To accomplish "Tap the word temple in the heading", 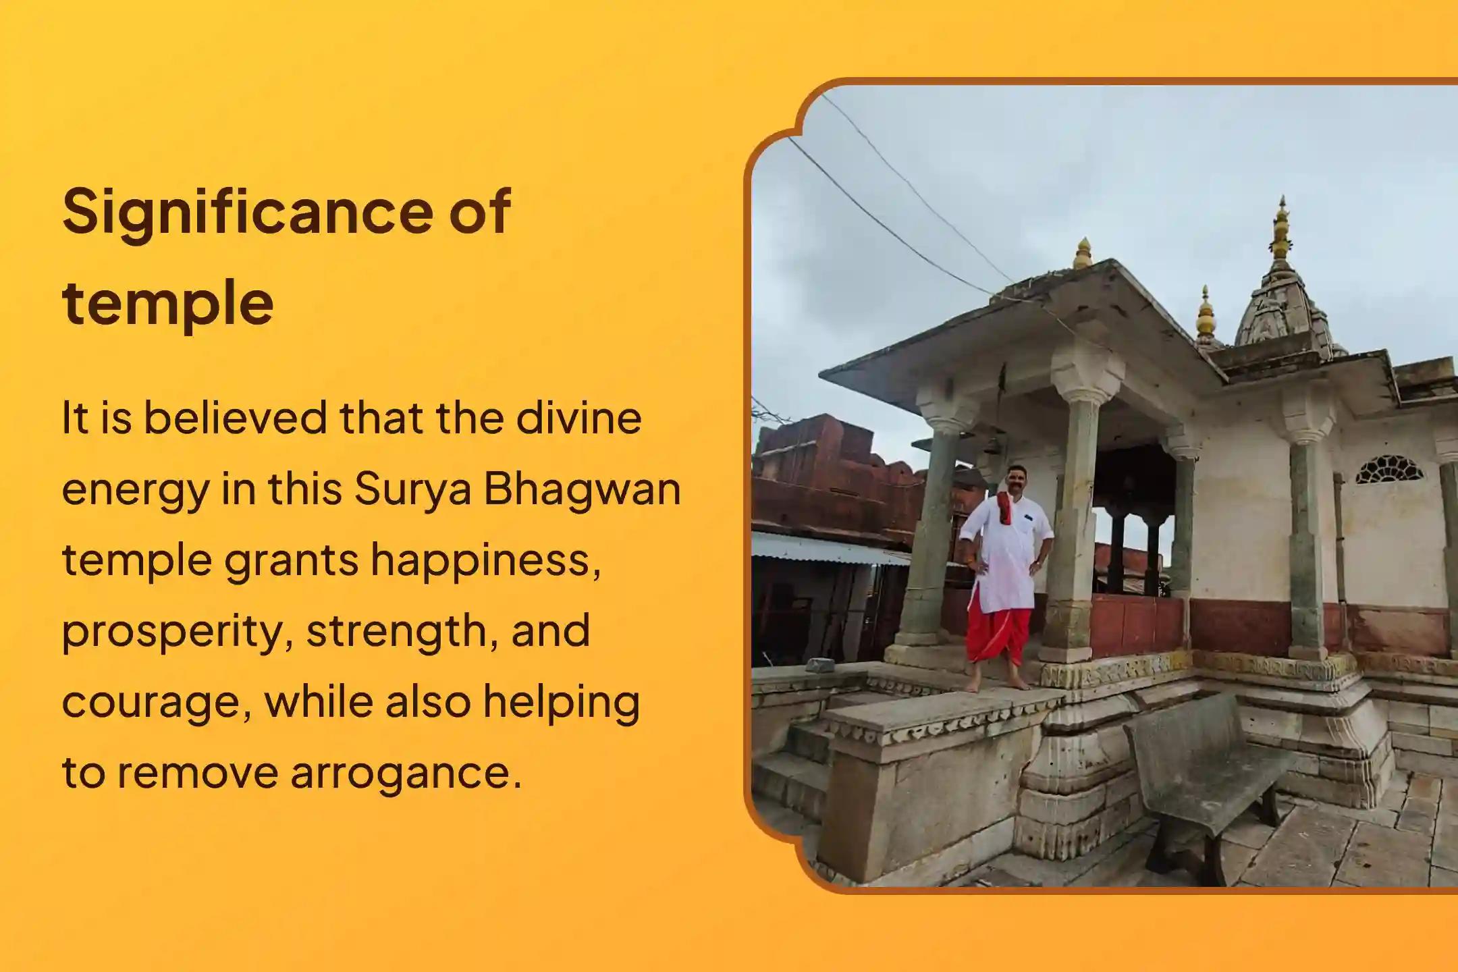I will (167, 304).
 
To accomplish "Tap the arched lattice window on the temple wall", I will (1389, 470).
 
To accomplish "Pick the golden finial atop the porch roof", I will (1083, 253).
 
